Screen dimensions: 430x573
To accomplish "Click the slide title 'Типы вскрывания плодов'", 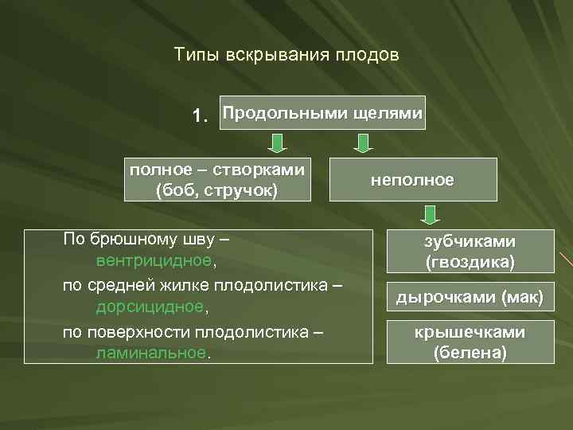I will click(x=286, y=56).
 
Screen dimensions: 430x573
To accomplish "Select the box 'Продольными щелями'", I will click(x=322, y=113).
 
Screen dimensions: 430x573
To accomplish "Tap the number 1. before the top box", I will click(x=203, y=116).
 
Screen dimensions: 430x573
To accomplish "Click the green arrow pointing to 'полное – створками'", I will click(x=275, y=143).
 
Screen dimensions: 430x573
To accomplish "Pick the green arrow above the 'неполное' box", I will click(x=363, y=143).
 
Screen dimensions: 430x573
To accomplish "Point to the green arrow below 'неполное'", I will click(x=431, y=215).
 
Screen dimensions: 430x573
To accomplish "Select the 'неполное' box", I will click(x=412, y=180).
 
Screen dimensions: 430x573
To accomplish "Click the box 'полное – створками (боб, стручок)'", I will click(x=217, y=180).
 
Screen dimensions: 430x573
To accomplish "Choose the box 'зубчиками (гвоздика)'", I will click(x=470, y=251).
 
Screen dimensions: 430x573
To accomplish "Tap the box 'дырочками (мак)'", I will click(x=470, y=299).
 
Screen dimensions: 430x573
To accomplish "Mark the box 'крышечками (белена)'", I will click(x=470, y=342).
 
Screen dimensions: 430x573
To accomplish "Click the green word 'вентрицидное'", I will click(x=154, y=261).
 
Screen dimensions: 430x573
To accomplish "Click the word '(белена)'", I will click(x=470, y=352).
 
